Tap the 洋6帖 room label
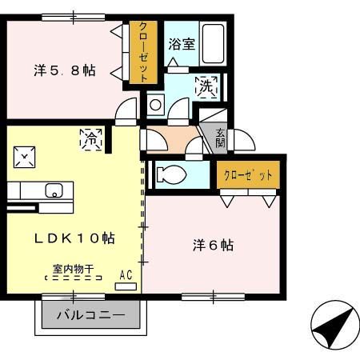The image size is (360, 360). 212,245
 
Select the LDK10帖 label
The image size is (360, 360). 74,238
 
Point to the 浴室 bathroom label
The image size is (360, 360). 181,45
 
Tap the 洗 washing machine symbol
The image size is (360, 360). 205,85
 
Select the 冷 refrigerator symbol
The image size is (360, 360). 90,138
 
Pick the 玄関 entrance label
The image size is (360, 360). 219,138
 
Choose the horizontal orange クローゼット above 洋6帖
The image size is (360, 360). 248,174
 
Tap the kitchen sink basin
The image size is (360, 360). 54,191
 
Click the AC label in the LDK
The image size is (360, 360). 125,274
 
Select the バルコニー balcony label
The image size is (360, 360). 90,315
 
